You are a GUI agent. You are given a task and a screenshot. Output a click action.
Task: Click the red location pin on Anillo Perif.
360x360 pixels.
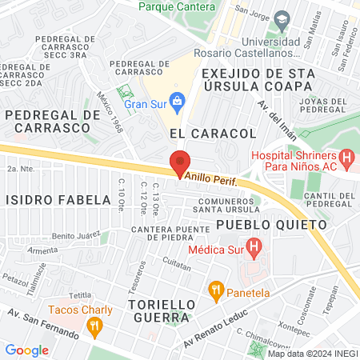pyautogui.click(x=180, y=163)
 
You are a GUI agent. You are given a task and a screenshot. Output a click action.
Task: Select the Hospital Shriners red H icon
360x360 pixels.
pyautogui.click(x=346, y=158)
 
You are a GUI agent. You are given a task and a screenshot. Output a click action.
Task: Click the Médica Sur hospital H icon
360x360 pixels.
pyautogui.click(x=254, y=248)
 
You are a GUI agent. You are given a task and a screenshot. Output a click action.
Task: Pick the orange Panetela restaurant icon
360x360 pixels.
pyautogui.click(x=215, y=289)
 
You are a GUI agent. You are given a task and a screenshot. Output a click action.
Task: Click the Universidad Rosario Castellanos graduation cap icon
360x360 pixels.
pyautogui.click(x=281, y=18)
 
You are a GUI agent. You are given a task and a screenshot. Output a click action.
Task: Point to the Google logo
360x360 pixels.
pyautogui.click(x=26, y=350)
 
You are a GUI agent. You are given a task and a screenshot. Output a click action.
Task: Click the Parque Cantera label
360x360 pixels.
pyautogui.click(x=177, y=6)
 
